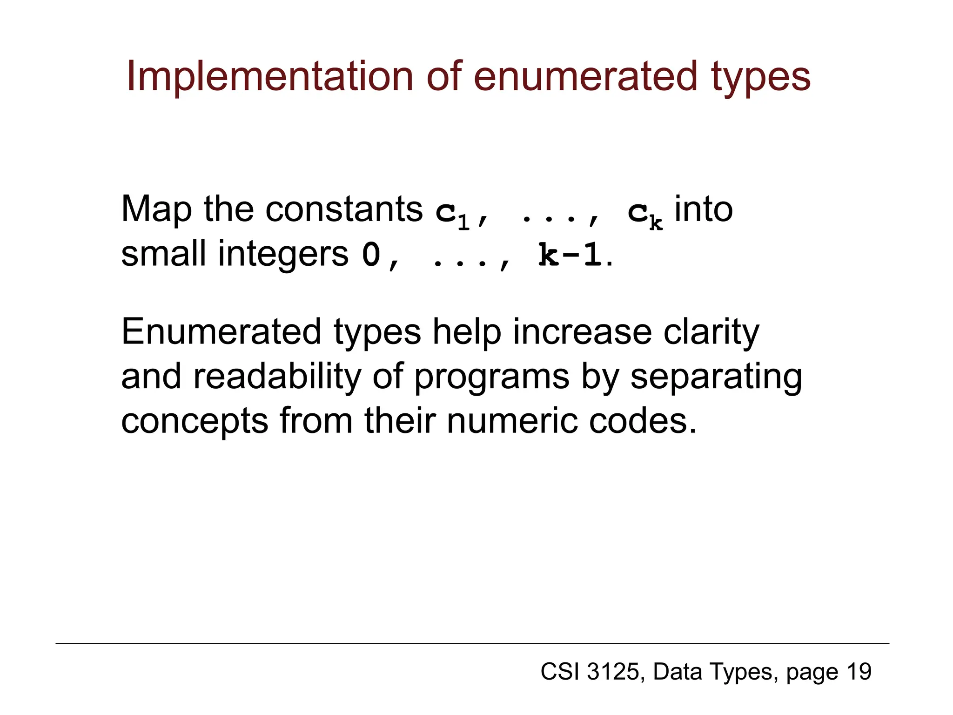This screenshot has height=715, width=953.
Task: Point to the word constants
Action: [344, 209]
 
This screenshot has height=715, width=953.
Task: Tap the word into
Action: [703, 209]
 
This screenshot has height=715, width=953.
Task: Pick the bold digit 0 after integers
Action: [371, 255]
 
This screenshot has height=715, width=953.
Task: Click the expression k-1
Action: [570, 255]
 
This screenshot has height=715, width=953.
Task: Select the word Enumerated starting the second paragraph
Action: [221, 332]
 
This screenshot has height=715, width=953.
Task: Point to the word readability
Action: [277, 377]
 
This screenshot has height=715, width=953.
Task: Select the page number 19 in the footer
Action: [859, 672]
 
